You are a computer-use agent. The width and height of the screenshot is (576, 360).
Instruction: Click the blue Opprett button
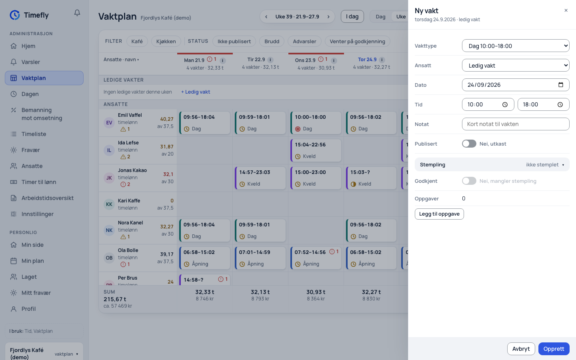click(x=554, y=349)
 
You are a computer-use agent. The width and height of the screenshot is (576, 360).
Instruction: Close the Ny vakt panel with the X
click(x=566, y=10)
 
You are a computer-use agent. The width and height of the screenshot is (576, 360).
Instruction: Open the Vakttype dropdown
click(x=516, y=46)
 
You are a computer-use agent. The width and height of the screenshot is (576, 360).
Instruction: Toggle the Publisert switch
click(x=469, y=144)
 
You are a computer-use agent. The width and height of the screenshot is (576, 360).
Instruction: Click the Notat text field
click(x=516, y=124)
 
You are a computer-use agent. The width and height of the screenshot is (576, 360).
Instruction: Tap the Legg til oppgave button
click(x=439, y=214)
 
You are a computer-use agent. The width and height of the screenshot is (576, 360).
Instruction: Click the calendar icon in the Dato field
click(x=560, y=85)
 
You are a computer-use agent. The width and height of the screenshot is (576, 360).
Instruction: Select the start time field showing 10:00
click(x=488, y=104)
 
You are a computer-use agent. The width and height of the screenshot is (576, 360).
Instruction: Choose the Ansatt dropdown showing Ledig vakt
click(x=516, y=65)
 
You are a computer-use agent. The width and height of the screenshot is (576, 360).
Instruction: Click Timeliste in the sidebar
click(x=34, y=134)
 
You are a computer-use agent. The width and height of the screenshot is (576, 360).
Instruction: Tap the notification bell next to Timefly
click(x=77, y=13)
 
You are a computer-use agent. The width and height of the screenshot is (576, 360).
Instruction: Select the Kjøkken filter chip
click(x=166, y=42)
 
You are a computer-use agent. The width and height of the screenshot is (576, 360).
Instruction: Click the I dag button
click(x=352, y=16)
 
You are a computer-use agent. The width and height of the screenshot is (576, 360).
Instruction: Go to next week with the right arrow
click(x=328, y=17)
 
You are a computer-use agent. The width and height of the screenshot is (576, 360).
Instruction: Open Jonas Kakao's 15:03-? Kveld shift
click(x=371, y=178)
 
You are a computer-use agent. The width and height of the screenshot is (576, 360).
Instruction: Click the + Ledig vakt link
click(x=196, y=92)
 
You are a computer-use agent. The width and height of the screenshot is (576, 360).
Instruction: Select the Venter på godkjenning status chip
click(x=358, y=42)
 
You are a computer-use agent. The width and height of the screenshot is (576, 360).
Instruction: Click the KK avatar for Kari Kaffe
click(x=109, y=204)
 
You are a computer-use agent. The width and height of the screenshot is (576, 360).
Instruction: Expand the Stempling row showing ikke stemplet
click(x=492, y=164)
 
